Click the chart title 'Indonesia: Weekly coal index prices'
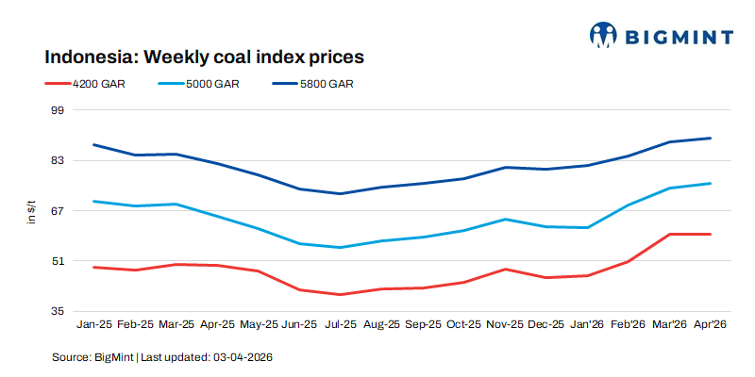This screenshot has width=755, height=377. tap(205, 57)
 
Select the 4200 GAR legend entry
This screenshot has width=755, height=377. tap(86, 84)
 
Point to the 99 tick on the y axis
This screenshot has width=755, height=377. tap(56, 110)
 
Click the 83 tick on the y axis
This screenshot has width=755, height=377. tap(56, 160)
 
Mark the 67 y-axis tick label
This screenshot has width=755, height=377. tap(56, 210)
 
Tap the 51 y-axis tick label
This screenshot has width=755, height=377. tap(56, 261)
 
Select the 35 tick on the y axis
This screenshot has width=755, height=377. tap(56, 311)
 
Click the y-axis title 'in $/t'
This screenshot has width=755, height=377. tap(31, 211)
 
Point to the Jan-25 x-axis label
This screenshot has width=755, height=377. tap(93, 324)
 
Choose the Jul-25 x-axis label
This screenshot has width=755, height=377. tap(341, 324)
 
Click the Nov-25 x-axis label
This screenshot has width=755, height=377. tap(505, 324)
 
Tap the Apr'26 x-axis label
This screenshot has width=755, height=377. tap(710, 324)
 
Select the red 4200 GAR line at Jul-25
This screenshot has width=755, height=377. tap(341, 294)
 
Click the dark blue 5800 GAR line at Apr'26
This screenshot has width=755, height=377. tap(710, 139)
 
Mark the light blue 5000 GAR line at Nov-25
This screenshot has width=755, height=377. tap(505, 220)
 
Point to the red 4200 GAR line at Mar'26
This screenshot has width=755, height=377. tap(669, 234)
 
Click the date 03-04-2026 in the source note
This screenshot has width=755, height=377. tap(243, 358)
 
